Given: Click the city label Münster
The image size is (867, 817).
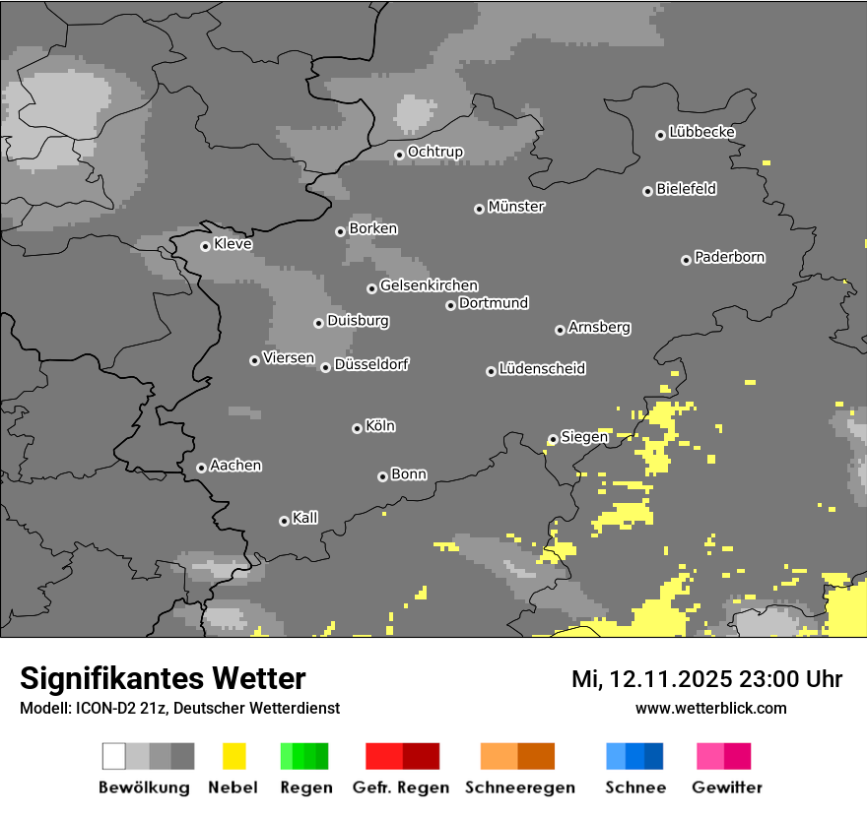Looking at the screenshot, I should [516, 207].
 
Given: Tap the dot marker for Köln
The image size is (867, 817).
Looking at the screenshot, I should [357, 428].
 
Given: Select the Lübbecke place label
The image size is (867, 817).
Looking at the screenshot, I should [702, 132].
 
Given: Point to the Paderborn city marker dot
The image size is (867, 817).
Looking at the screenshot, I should [686, 260].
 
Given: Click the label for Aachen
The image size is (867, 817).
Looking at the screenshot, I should [235, 466].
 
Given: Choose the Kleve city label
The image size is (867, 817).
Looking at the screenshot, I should [233, 244].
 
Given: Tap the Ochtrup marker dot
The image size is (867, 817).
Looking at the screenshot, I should [399, 154].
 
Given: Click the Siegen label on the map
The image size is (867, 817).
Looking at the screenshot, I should [584, 437].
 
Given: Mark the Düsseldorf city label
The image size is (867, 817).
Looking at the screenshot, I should [371, 364].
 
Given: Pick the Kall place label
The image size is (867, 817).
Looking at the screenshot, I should [305, 518].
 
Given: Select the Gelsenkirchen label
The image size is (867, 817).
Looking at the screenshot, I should [429, 285].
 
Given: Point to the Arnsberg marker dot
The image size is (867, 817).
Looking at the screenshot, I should [560, 330].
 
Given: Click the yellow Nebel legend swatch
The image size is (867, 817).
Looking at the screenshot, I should [233, 756].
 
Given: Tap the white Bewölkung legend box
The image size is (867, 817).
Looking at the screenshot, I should [114, 756].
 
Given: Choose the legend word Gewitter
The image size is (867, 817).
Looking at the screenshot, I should [727, 787].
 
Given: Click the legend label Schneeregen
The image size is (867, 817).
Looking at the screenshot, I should [518, 787].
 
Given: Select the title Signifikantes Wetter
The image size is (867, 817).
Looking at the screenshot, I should [163, 678].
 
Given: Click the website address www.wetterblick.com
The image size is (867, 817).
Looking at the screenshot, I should [710, 708].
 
